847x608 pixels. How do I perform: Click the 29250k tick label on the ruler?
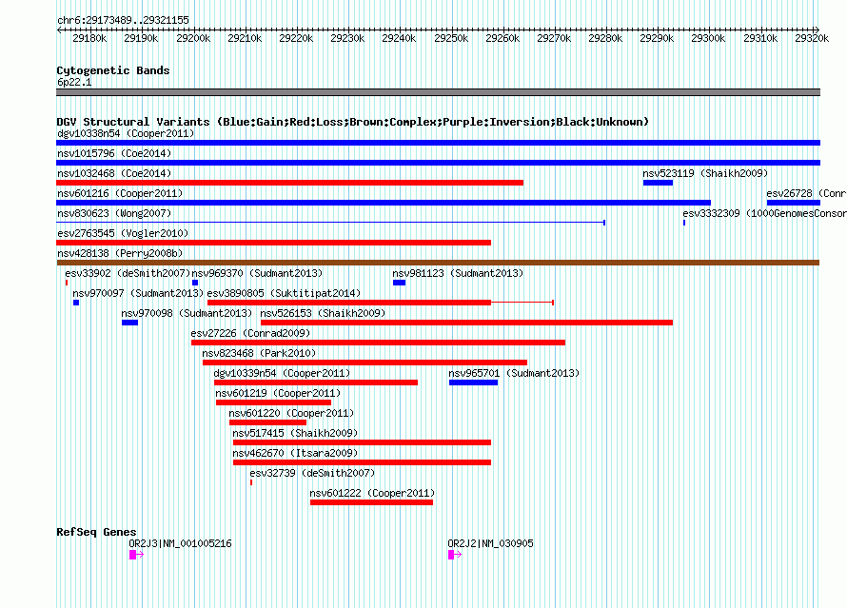[x=451, y=38]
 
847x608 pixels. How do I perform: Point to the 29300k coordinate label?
[x=708, y=38]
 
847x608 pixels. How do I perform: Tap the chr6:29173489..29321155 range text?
[x=123, y=21]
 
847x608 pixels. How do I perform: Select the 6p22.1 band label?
[x=74, y=82]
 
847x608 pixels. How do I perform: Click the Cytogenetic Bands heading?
[x=113, y=70]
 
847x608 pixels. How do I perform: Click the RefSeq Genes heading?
[x=96, y=533]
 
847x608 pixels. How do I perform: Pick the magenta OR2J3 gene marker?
[x=133, y=555]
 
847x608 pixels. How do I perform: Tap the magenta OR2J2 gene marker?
[x=451, y=555]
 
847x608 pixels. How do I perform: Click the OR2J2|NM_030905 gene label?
[x=490, y=543]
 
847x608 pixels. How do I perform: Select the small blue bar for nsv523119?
[x=658, y=183]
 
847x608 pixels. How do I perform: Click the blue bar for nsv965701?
[x=473, y=382]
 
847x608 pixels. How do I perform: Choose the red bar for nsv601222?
[x=372, y=502]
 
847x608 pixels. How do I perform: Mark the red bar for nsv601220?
[x=268, y=422]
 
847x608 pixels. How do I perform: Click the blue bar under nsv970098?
[x=129, y=323]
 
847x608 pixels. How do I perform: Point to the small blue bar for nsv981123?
[x=399, y=283]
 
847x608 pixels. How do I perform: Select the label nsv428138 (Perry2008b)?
[x=120, y=253]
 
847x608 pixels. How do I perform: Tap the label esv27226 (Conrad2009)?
[x=250, y=333]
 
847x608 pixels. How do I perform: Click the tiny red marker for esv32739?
[x=251, y=482]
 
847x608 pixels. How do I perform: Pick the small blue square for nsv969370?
[x=195, y=283]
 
